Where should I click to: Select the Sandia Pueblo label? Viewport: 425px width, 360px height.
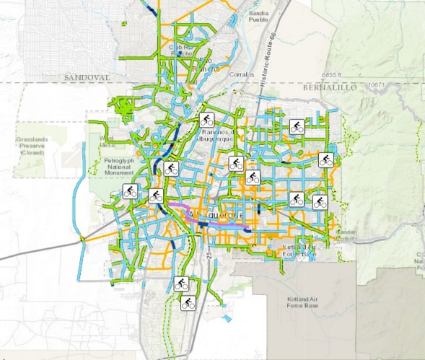click(x=258, y=17)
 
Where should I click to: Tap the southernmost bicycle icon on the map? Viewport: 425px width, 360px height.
click(x=188, y=303)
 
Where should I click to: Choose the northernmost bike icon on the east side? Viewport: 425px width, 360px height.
click(x=296, y=128)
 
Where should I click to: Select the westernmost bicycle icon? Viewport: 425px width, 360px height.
click(x=130, y=192)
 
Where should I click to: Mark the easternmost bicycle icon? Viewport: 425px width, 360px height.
click(x=325, y=160)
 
